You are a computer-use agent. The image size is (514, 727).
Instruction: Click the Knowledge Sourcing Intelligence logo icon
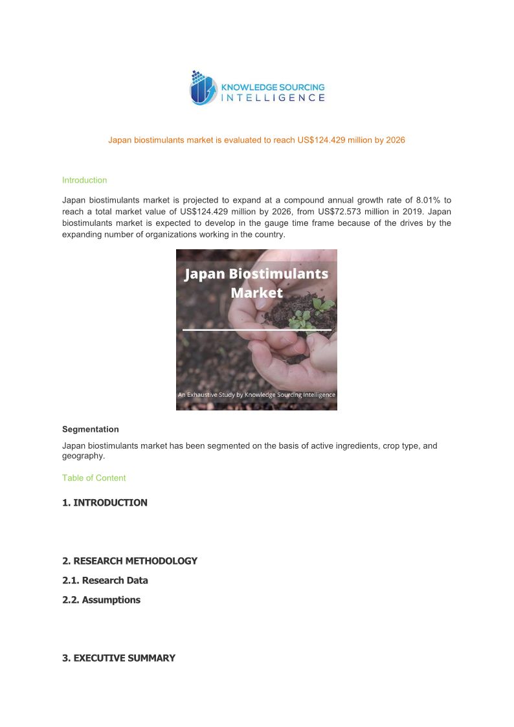pos(203,89)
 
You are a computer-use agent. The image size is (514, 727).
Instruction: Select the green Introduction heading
pos(84,180)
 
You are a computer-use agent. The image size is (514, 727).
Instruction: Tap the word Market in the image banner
pos(257,293)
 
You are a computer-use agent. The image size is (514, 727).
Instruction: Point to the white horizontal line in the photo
pos(257,330)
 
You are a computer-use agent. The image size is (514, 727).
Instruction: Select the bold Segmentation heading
pos(91,429)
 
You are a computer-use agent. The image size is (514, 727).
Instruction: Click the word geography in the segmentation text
pos(82,456)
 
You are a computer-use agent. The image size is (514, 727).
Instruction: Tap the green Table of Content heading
pos(94,478)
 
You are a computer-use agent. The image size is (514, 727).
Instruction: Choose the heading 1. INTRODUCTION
pos(105,502)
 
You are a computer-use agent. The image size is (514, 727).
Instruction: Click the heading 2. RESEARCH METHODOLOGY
pos(129,561)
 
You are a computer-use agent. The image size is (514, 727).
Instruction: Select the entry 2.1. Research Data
pos(105,580)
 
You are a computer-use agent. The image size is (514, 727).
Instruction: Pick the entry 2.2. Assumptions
pos(101,599)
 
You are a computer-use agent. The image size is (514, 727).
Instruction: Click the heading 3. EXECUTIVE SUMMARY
pos(118,658)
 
